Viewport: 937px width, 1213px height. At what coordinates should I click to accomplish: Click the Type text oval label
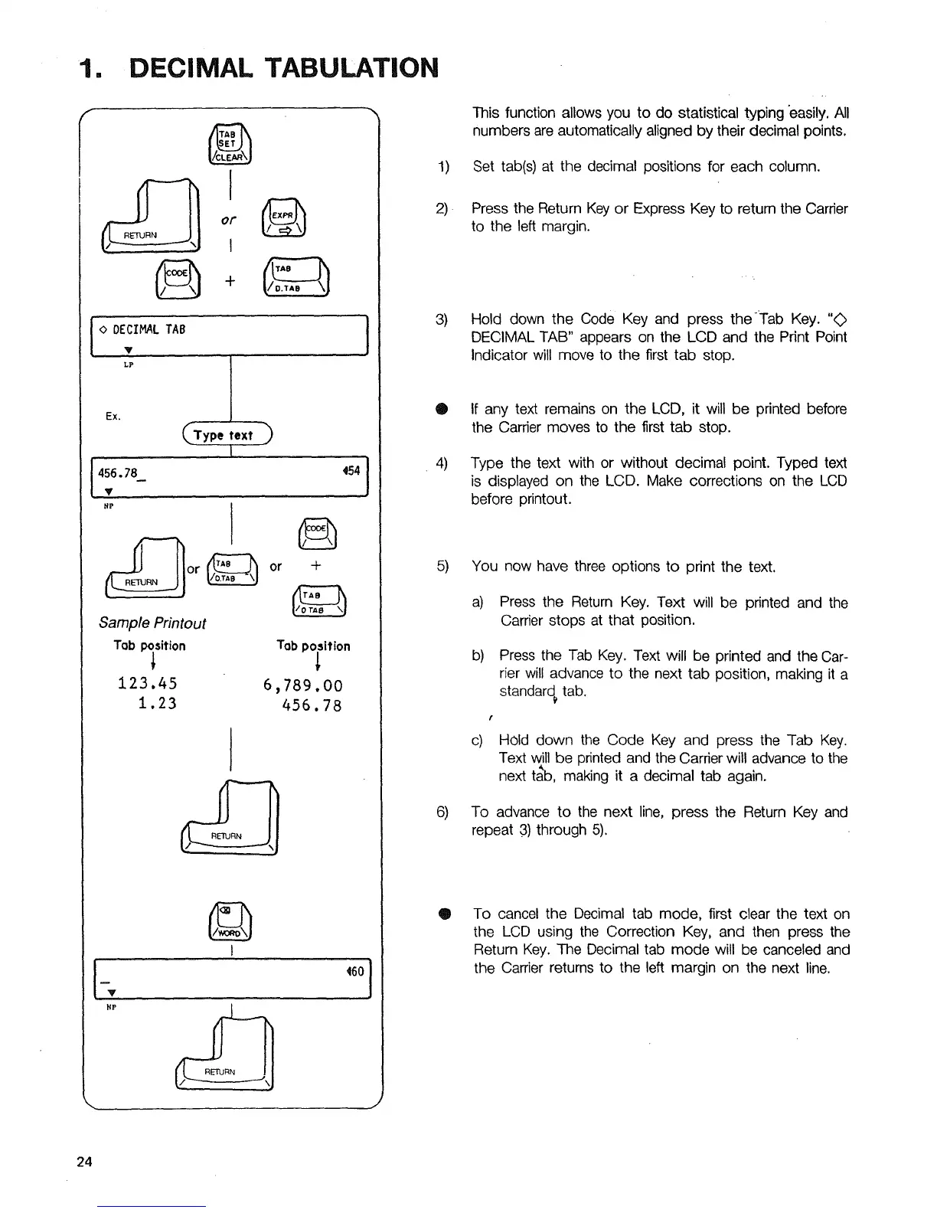[x=227, y=435]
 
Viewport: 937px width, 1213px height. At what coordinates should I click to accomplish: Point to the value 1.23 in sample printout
[x=158, y=703]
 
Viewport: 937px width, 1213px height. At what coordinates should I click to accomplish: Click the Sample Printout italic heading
[x=152, y=623]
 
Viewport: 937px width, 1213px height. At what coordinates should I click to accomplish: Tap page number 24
[x=84, y=1162]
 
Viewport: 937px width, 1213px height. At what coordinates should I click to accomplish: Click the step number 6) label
[x=442, y=812]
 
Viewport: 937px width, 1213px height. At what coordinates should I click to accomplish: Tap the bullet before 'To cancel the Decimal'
[x=442, y=914]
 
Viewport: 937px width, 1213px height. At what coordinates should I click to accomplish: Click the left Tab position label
[x=149, y=646]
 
